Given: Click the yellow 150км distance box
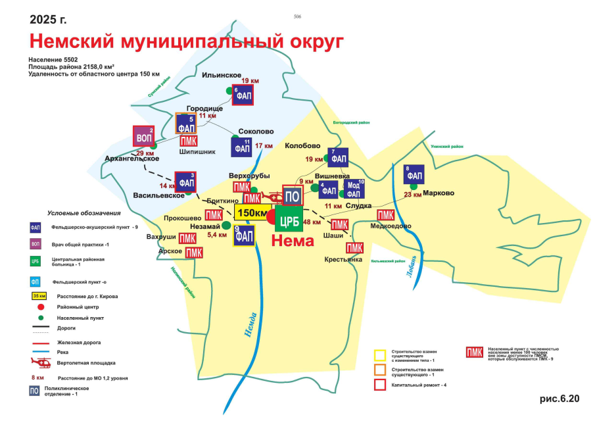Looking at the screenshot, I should point(250,212).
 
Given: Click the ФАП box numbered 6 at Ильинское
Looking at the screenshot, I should point(242,95).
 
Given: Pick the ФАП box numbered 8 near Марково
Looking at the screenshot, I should point(414,174).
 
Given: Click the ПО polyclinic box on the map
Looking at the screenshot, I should point(293,195).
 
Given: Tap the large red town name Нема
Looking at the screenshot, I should point(293,241).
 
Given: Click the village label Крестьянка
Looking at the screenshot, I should point(343,259).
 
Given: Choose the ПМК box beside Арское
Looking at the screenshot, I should point(194,253).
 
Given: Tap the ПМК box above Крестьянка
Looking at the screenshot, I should point(355,247).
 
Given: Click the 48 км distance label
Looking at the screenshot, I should point(312,222).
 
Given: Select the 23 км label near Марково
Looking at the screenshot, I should point(413,195).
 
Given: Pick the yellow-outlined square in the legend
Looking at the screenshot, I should point(380,355).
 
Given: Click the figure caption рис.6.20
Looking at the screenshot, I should point(560,399).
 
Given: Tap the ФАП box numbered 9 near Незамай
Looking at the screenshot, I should point(244,235).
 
